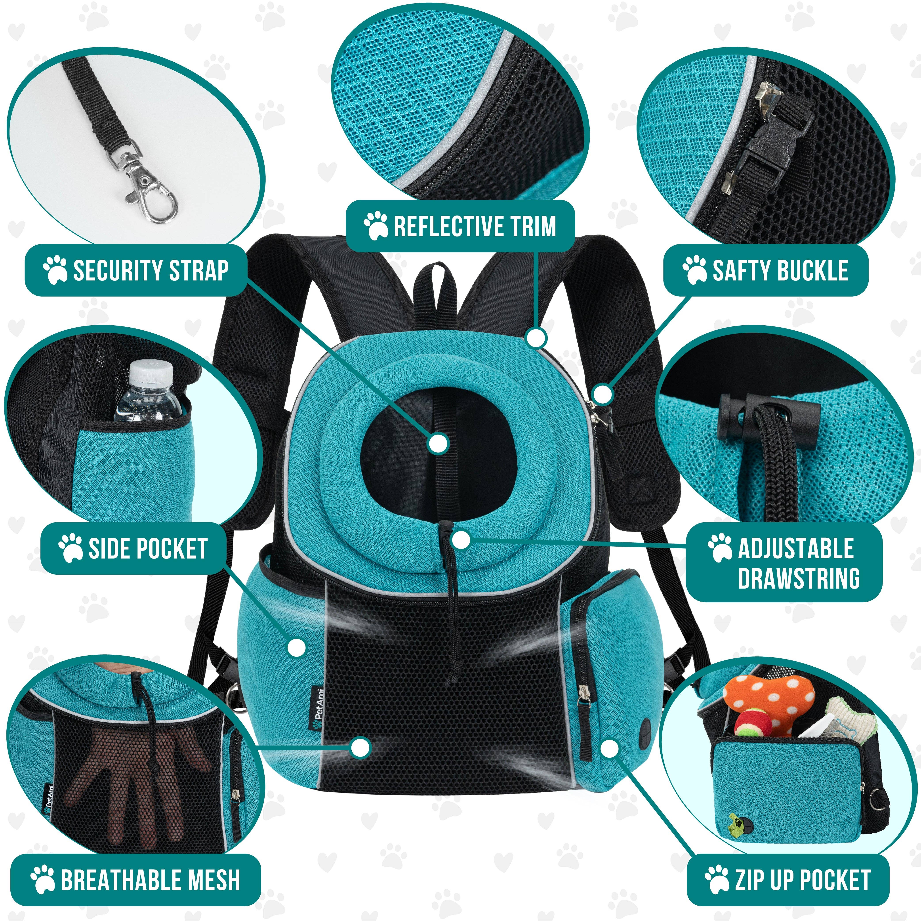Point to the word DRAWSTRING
pos(799,578)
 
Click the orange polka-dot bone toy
pos(767,701)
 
